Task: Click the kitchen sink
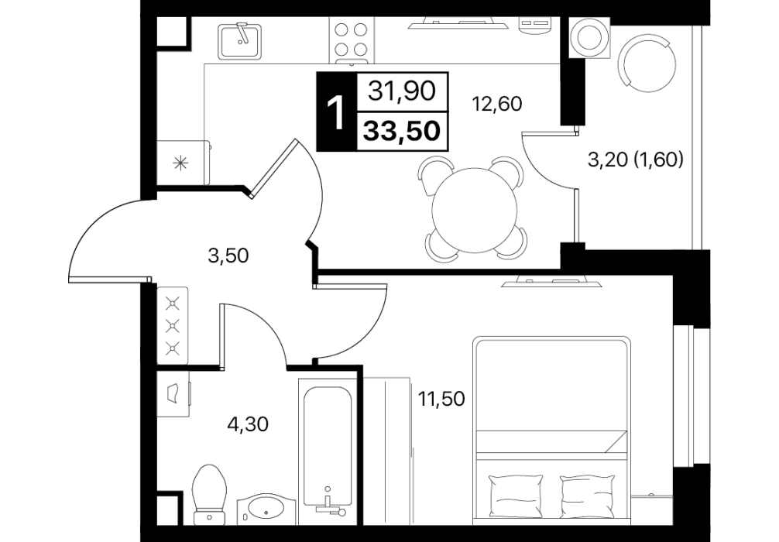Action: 239,40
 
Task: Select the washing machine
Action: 589,37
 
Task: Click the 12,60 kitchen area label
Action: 497,105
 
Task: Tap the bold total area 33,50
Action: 402,131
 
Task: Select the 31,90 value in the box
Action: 402,91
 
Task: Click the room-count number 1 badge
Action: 336,111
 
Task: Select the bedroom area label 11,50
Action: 441,399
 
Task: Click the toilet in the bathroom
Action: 210,495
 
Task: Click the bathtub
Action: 328,451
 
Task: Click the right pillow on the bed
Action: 588,495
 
